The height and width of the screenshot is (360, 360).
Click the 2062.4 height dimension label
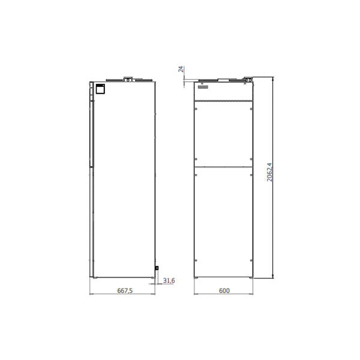(x=269, y=172)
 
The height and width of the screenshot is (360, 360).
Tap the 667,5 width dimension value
(x=125, y=290)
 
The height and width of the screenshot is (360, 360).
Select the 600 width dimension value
(x=224, y=290)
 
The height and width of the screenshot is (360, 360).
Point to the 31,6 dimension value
(x=169, y=281)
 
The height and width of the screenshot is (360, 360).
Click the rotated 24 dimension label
(x=181, y=69)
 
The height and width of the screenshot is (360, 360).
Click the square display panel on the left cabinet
(x=100, y=89)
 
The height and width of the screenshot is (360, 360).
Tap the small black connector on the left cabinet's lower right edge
(x=157, y=268)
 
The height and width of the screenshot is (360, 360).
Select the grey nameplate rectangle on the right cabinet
(x=203, y=87)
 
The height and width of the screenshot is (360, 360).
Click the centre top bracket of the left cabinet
(x=128, y=79)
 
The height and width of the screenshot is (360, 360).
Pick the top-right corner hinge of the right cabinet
(x=248, y=80)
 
